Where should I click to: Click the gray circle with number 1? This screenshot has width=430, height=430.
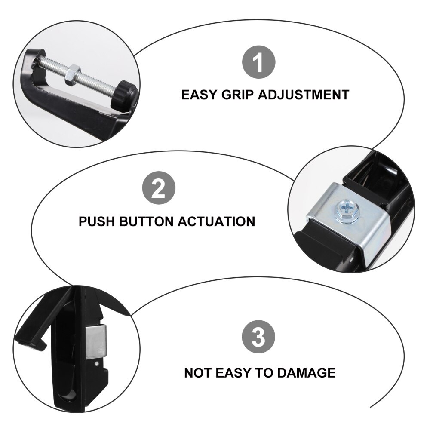[x=258, y=63]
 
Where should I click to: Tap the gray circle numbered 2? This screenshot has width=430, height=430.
[x=159, y=190]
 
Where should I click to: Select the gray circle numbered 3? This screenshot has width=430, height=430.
[x=258, y=337]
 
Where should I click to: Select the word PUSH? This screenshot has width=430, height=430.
[x=97, y=221]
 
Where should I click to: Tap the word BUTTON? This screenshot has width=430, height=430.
[x=147, y=221]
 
